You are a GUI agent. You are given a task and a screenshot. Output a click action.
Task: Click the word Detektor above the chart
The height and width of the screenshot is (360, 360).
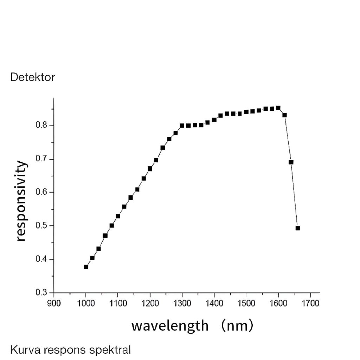point(33,77)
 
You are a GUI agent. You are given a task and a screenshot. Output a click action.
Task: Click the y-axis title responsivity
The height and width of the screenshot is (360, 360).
point(21,201)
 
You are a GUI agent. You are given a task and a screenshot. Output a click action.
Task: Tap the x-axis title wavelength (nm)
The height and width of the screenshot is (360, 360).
point(192,325)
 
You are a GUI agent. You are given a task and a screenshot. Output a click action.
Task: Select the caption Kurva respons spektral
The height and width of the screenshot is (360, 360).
point(70,350)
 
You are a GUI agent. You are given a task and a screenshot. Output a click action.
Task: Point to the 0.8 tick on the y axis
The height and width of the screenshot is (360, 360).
point(42,126)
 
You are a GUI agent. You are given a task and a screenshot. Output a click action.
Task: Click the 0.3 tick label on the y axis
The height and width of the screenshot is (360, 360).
point(42,292)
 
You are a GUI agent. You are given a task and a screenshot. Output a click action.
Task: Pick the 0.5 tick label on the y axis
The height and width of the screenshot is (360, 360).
point(42,226)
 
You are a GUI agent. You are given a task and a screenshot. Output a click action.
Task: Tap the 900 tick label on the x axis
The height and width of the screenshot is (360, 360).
point(54,303)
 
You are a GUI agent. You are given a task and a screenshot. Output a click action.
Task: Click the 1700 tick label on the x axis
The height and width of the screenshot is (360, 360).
point(310,303)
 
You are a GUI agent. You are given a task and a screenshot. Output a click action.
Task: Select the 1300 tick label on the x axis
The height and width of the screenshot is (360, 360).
point(182,303)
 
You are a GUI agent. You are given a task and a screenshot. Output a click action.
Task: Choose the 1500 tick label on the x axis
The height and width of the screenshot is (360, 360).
point(246,303)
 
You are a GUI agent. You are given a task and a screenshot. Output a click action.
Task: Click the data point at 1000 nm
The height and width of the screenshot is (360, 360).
point(86,267)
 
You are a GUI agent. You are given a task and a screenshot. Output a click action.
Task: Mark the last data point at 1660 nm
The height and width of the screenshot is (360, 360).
point(298,228)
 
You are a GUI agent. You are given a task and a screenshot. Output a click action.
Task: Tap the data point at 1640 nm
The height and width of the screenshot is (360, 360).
point(291,162)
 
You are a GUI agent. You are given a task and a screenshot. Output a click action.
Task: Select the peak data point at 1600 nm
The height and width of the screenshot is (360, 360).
point(278,108)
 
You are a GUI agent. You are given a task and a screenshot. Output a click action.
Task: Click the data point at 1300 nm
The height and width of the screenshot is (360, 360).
point(182,126)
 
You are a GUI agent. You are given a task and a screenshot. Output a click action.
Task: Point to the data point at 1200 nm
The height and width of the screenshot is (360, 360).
point(150,169)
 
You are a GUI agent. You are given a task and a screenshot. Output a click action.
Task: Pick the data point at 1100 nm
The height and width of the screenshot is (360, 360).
point(118,216)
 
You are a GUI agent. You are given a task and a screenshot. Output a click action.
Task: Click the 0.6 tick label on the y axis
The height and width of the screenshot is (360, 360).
point(42,192)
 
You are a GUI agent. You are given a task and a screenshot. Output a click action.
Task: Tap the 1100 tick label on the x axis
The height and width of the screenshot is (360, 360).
point(118,303)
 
